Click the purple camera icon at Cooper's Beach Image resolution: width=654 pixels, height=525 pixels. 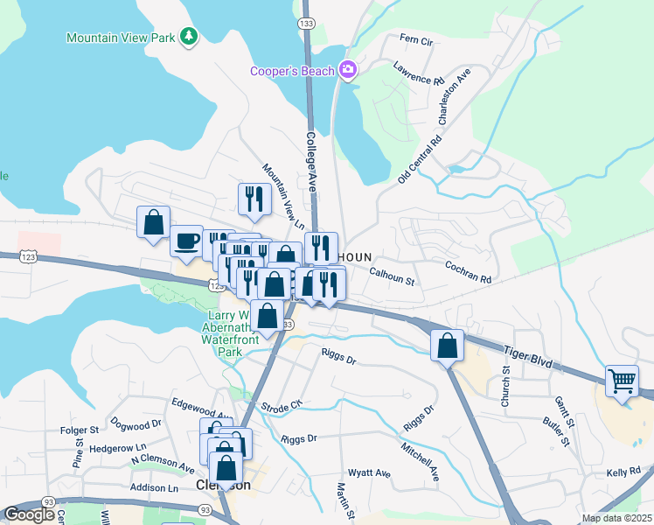(x=348, y=70)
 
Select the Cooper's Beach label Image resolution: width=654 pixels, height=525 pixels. (x=293, y=71)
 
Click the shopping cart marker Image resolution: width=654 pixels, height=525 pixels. (x=623, y=381)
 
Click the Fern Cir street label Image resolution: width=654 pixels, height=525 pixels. (x=416, y=40)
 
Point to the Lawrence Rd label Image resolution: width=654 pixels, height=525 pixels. (x=419, y=73)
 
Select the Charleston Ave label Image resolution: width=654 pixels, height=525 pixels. (x=455, y=96)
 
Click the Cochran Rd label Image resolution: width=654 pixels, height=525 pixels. (x=468, y=270)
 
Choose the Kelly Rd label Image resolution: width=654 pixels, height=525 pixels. (x=623, y=472)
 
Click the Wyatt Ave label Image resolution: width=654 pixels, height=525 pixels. (x=369, y=472)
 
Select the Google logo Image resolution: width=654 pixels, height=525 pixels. (x=30, y=514)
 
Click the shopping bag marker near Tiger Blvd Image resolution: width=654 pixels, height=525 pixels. (x=448, y=346)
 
